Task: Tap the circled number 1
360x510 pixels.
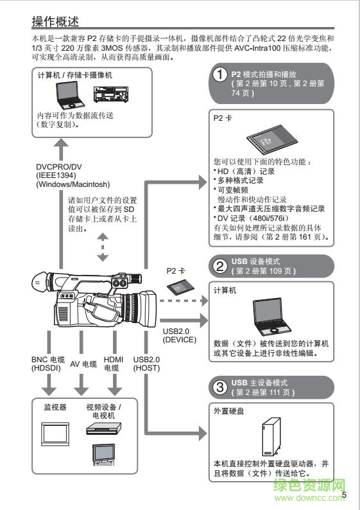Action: (220, 76)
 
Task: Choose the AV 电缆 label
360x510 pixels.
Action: (83, 363)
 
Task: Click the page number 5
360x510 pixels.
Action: (345, 495)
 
